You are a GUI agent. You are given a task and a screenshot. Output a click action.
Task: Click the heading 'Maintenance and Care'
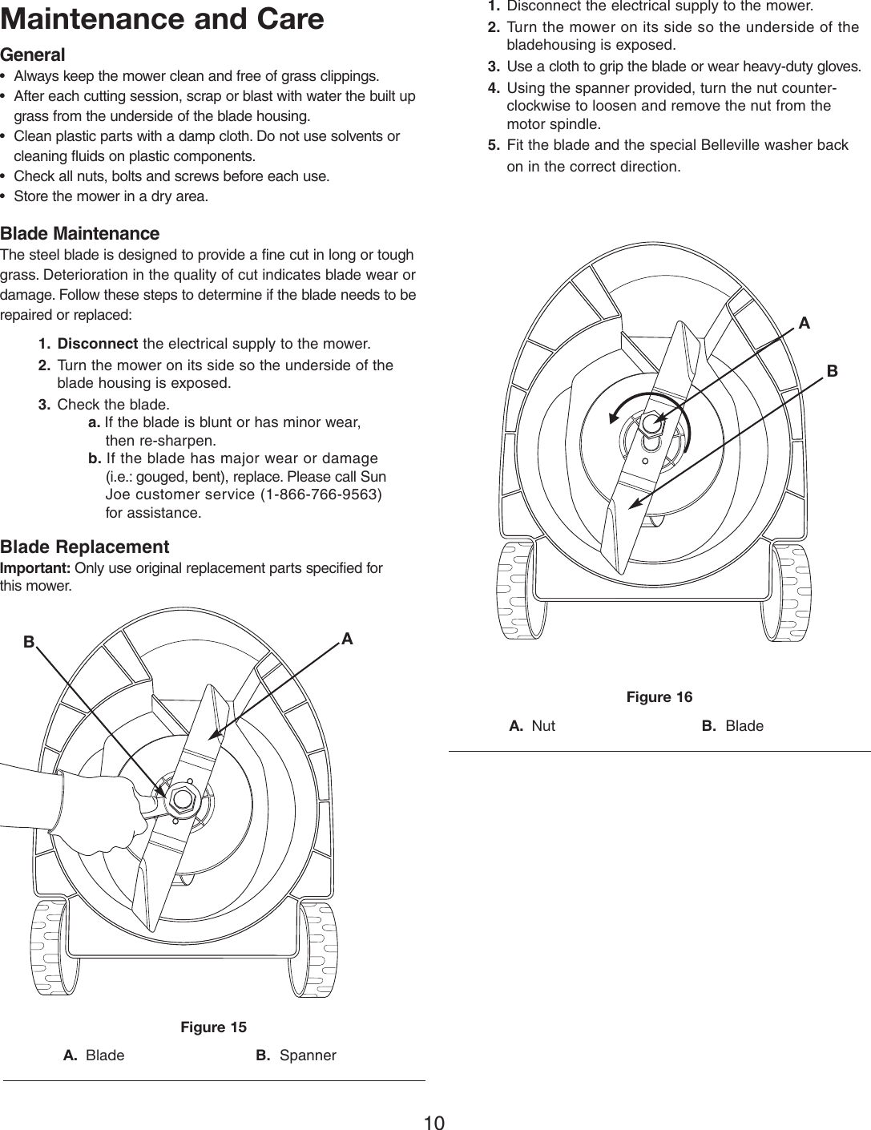click(x=163, y=18)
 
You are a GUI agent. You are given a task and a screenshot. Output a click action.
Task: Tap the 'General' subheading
click(x=33, y=54)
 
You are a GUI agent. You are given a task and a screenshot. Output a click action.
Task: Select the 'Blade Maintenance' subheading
click(x=80, y=233)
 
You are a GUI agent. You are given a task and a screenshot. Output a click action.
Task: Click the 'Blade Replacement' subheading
click(x=85, y=547)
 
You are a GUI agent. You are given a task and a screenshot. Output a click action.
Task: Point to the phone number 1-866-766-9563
click(x=322, y=494)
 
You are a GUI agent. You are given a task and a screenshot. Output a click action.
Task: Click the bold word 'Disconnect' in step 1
click(x=98, y=344)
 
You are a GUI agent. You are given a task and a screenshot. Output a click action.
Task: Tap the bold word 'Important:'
click(x=35, y=568)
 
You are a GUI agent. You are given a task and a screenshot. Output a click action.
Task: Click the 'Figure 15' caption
click(x=213, y=1027)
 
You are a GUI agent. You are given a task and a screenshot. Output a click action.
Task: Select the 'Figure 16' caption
click(x=659, y=697)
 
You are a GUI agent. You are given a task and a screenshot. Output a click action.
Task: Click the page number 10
click(x=434, y=1122)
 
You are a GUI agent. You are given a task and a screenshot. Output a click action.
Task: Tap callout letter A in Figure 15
click(x=347, y=639)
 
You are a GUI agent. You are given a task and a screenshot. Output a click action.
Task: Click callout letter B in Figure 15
click(x=29, y=641)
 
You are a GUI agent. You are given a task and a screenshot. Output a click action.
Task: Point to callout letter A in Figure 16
click(x=804, y=323)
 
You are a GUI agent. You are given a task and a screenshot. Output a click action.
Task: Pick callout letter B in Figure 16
click(x=832, y=371)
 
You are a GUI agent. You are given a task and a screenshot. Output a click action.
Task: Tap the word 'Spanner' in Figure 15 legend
click(x=308, y=1055)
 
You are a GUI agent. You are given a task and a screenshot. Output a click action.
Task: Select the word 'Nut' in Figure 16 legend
click(x=543, y=726)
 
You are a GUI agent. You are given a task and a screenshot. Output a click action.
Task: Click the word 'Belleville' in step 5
click(x=733, y=145)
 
